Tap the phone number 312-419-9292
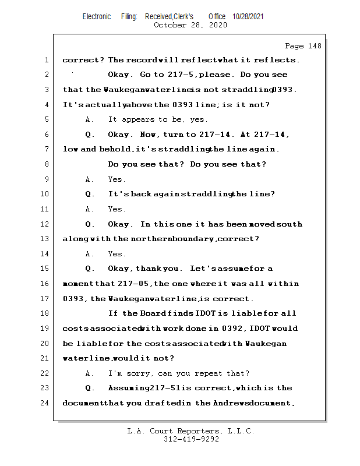coord(191,440)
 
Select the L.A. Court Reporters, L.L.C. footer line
coord(191,431)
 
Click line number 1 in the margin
coord(45,60)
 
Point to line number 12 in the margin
coord(45,224)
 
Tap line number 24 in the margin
coord(45,403)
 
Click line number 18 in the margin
coord(45,313)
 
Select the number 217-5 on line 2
coord(185,75)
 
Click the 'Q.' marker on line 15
coord(90,269)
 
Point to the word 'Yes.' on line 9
coord(117,179)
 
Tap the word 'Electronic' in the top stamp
coord(97,17)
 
